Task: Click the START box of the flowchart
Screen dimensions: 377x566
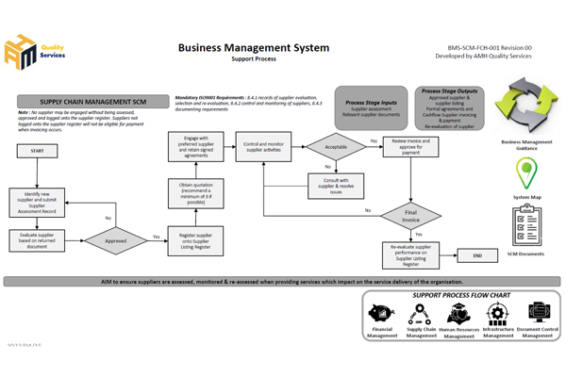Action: pos(37,151)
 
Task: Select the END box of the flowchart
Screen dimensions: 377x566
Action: pos(477,254)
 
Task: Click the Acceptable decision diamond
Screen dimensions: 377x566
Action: pos(335,146)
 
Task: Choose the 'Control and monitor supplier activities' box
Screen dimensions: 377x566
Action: pos(265,146)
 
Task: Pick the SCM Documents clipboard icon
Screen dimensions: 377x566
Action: pos(527,224)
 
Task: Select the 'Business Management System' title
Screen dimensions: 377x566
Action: pos(254,47)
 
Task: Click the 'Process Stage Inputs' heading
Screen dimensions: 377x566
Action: pos(370,102)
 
